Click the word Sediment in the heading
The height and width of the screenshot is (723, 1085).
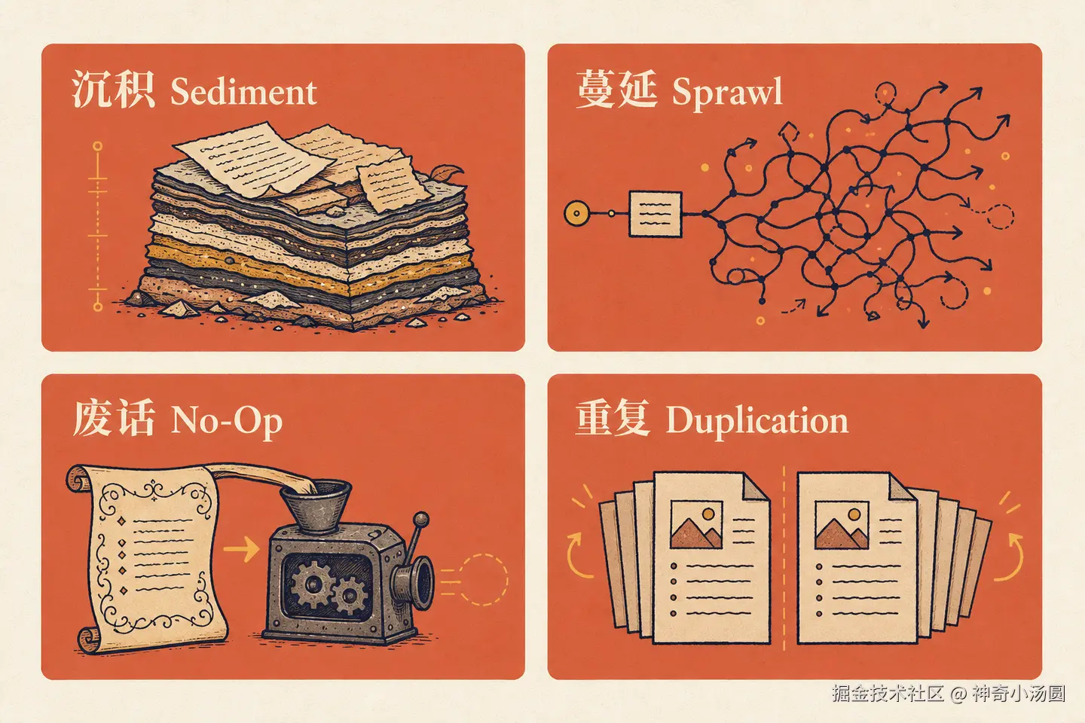point(243,92)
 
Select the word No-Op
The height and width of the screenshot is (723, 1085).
point(226,421)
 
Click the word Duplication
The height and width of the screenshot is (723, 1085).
point(757,421)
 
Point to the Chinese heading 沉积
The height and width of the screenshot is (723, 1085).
point(113,89)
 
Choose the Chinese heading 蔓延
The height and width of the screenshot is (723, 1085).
point(617,89)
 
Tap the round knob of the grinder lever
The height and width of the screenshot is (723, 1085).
point(421,519)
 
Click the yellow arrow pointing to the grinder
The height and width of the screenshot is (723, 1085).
point(241,549)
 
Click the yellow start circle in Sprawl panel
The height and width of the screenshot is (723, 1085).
point(577,213)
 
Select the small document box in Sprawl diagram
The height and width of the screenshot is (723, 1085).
point(656,214)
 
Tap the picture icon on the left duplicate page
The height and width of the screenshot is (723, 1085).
point(696,524)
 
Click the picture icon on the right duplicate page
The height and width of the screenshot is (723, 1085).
point(842,524)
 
